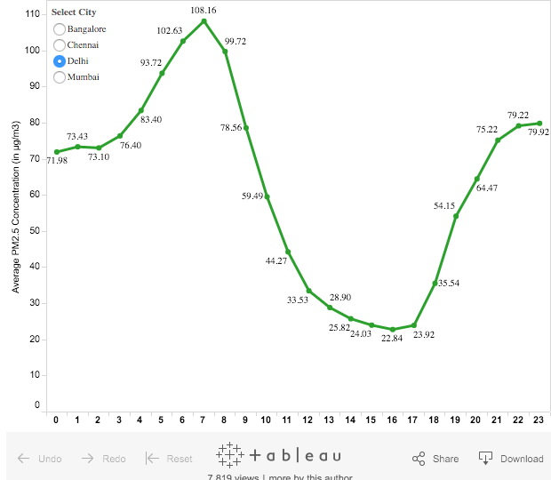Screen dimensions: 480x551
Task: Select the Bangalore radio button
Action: tap(60, 29)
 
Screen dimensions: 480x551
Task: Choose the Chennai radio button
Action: tap(60, 44)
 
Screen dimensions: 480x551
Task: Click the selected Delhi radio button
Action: tap(60, 60)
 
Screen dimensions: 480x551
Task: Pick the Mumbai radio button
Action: tap(60, 76)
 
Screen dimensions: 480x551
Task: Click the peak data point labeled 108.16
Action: tap(204, 20)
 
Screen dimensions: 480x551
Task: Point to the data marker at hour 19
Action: tap(456, 216)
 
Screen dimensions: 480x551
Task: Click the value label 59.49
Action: tap(253, 196)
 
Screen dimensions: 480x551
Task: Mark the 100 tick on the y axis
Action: tap(32, 50)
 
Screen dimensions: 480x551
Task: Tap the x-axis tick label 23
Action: tap(539, 420)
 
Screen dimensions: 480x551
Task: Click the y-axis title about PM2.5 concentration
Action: tap(16, 210)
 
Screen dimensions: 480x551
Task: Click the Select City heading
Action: tap(74, 12)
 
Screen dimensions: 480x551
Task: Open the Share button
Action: tap(435, 459)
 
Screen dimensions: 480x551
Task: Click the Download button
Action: tap(511, 459)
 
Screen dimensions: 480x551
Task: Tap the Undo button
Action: tap(40, 459)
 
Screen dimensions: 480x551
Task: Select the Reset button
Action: tap(169, 459)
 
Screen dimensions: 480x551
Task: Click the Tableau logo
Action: tap(279, 455)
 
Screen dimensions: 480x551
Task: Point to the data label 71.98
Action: tap(57, 161)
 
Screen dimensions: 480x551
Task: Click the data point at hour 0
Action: tap(57, 152)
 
